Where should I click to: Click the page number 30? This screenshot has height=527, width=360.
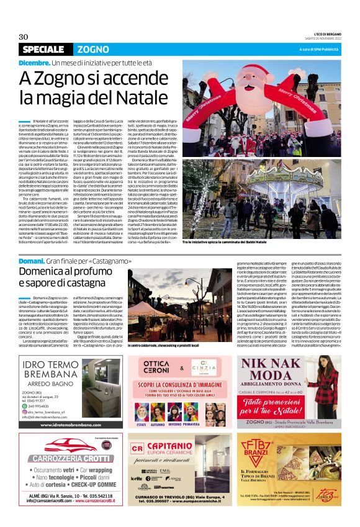pos(24,37)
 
